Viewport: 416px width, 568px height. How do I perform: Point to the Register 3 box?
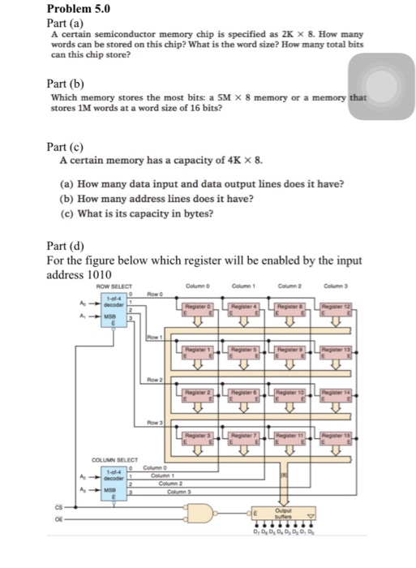(x=197, y=436)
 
